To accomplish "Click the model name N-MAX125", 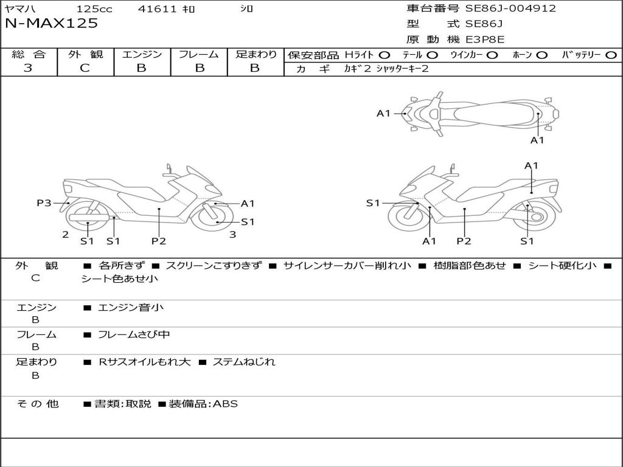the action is coord(51,24).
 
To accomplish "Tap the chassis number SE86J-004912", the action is coord(510,9).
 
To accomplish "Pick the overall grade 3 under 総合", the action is coord(28,68).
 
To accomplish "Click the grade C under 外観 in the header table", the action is coord(85,68).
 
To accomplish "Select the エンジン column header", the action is coord(142,55).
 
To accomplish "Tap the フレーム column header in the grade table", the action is coord(199,55).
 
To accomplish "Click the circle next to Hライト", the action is coord(385,55).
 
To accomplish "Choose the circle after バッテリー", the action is coord(611,55).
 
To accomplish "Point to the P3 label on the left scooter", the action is coord(44,203).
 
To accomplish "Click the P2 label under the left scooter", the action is coord(159,241).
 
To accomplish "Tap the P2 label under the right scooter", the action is coord(464,241).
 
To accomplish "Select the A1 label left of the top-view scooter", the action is coord(383,113).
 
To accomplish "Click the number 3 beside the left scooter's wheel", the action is coord(232,234).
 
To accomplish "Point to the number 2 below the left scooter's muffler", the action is coord(65,234).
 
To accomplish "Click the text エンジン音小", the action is coord(131,308).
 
